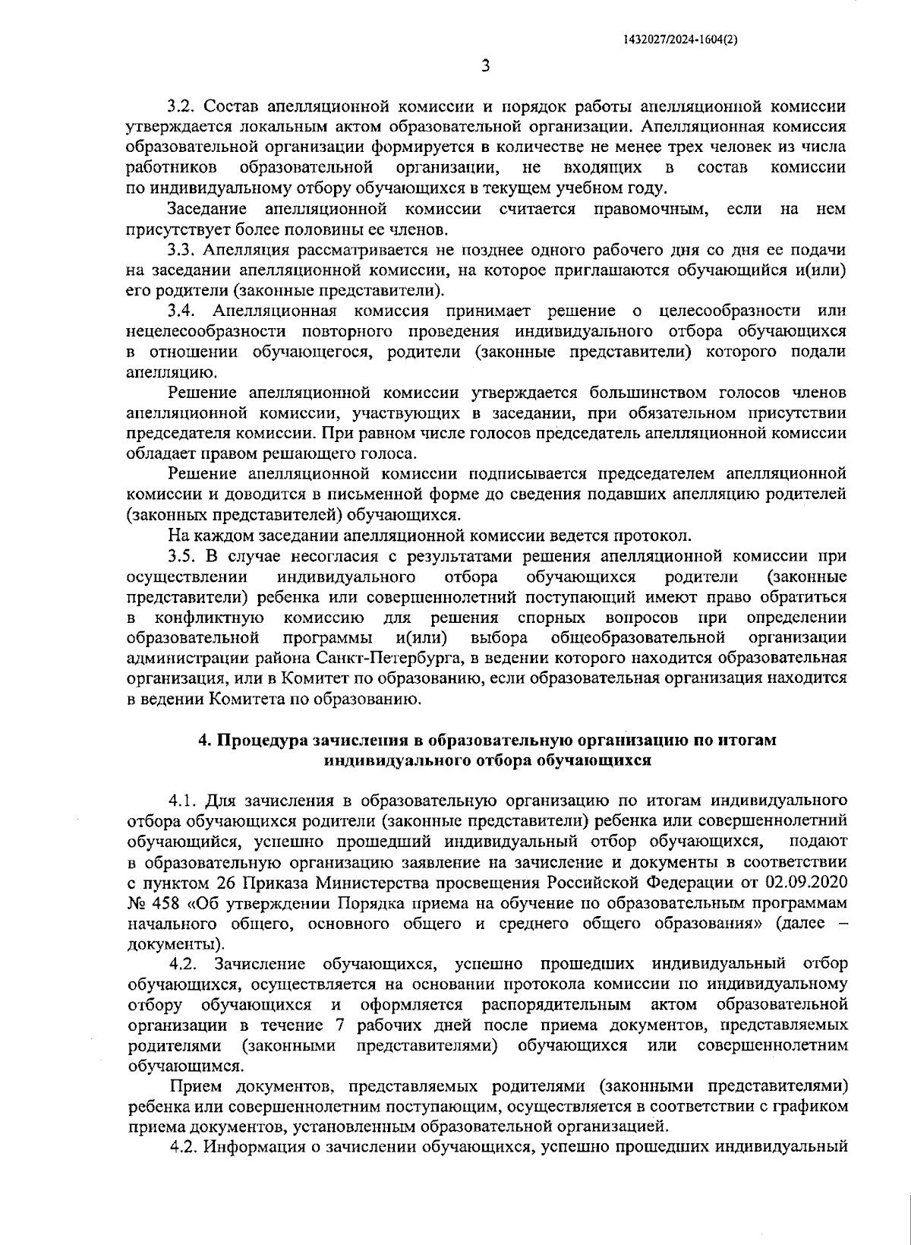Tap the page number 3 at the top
(x=485, y=66)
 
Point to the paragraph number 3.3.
(x=182, y=249)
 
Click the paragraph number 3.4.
(x=183, y=311)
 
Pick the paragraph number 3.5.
(x=182, y=557)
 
